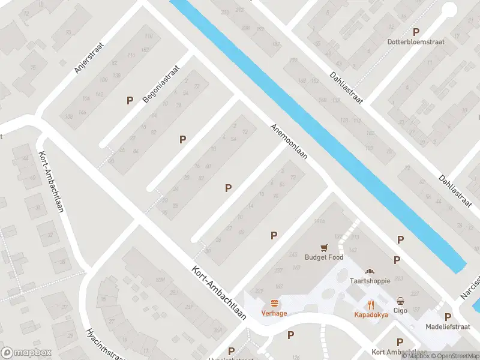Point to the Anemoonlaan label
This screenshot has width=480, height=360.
[x=289, y=142]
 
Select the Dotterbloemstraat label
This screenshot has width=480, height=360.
[x=416, y=43]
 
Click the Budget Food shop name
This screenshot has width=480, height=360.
[x=324, y=257]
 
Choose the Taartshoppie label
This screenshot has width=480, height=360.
[x=370, y=281]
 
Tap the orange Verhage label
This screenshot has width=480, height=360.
[x=274, y=313]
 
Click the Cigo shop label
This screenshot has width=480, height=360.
[x=401, y=310]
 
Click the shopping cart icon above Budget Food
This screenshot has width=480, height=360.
[x=324, y=247]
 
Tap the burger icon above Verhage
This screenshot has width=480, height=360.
[x=274, y=303]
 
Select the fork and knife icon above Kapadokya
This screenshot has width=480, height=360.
[x=371, y=304]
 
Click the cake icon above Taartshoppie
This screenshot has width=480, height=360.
[x=370, y=271]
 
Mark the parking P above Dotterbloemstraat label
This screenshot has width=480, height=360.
[x=416, y=32]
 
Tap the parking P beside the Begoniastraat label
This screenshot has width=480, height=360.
[x=129, y=100]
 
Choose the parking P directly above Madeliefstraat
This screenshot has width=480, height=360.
[x=448, y=316]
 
